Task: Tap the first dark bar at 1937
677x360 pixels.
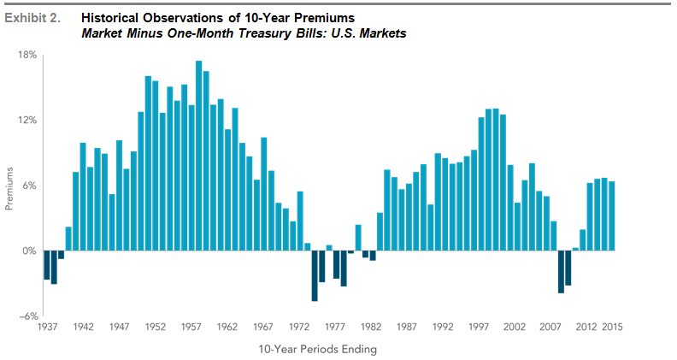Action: [47, 265]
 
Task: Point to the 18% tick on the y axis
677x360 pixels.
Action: [27, 55]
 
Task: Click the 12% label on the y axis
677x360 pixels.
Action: [27, 120]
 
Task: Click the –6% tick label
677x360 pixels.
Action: [27, 316]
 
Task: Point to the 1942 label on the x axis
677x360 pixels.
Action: [84, 326]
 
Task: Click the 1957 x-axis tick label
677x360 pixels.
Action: [191, 326]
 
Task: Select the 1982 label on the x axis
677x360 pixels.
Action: [371, 326]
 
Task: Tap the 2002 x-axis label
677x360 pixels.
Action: [515, 326]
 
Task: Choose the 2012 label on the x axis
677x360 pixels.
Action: [586, 326]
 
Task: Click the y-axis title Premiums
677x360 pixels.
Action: [11, 186]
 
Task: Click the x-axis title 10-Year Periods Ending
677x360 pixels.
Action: [317, 349]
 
